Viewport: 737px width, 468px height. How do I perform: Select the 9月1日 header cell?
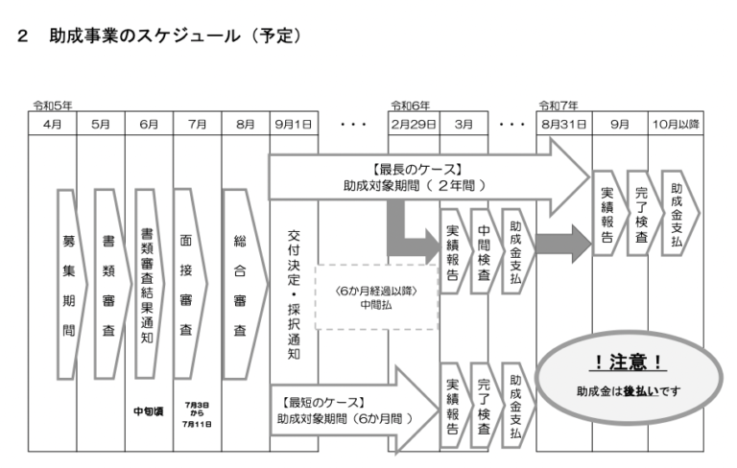(x=293, y=124)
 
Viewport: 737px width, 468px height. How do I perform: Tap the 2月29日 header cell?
(x=413, y=124)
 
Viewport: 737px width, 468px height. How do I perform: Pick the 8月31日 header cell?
(x=563, y=124)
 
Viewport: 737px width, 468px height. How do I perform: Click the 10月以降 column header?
(x=676, y=124)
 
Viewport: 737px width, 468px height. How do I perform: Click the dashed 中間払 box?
(x=376, y=298)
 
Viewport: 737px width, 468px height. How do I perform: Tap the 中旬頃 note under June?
(x=148, y=412)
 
